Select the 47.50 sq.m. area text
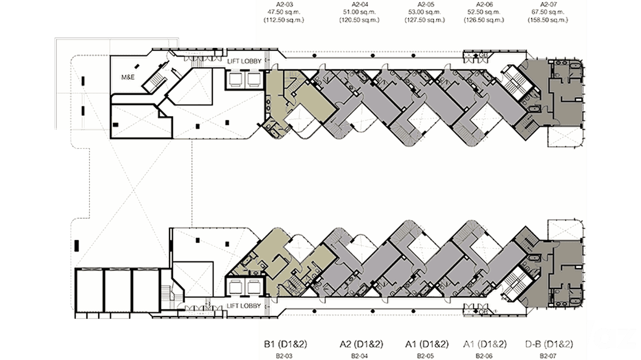[284, 11]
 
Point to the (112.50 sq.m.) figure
[284, 20]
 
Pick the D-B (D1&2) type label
[549, 344]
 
